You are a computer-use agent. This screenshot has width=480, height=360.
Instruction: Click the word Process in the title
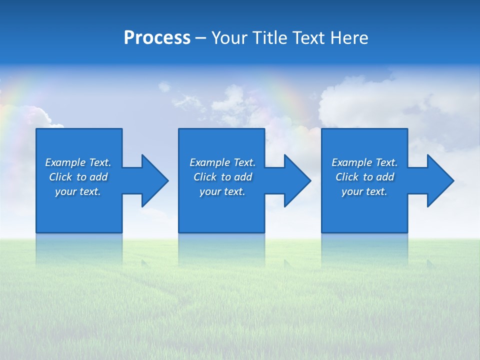[x=157, y=38]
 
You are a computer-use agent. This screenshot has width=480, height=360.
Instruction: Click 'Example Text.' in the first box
[x=78, y=162]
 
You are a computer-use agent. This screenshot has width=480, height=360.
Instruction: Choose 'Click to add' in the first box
[x=78, y=177]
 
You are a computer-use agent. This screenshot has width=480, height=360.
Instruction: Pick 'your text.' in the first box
[x=78, y=191]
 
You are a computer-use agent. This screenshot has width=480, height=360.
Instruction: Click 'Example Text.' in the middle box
[x=222, y=162]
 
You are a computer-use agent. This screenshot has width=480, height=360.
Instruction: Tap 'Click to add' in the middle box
[x=222, y=177]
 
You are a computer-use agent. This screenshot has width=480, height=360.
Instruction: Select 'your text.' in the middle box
[x=222, y=191]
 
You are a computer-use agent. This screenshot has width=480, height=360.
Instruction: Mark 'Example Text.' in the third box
[x=364, y=162]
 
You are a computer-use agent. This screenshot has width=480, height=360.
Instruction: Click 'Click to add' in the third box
[x=364, y=177]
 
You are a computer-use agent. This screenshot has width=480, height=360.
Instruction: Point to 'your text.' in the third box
[x=364, y=191]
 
